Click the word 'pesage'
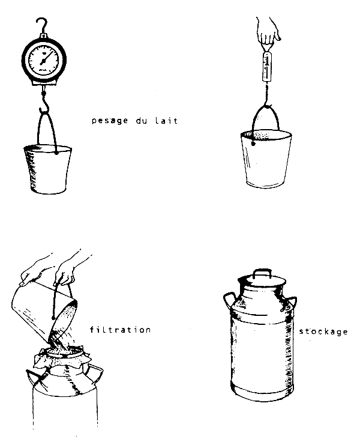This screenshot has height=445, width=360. coord(110,121)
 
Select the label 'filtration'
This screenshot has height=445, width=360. coord(120,330)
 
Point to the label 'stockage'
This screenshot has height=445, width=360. coord(323,331)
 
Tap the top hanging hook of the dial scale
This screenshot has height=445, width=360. coord(43,25)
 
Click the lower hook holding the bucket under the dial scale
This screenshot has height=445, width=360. coord(44,104)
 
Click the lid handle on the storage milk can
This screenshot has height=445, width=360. coord(262,273)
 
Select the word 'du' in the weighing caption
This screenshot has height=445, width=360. coord(142,121)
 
